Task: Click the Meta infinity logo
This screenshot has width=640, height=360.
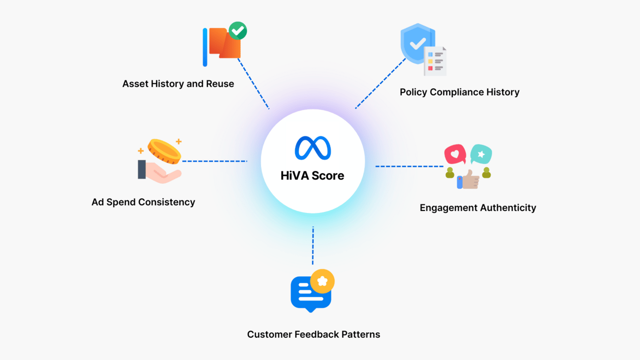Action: point(313,148)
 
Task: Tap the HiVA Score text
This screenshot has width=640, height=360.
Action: point(312,175)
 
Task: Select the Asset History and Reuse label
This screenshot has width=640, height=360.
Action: point(178,84)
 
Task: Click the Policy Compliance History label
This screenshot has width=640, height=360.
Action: point(459,92)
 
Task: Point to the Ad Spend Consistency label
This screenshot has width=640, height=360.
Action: point(143,202)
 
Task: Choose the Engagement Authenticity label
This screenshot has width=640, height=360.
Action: point(478,207)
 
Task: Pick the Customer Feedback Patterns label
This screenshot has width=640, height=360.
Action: point(314,334)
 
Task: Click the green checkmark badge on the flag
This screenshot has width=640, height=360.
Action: point(238,31)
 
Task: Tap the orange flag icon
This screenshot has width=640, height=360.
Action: point(224,44)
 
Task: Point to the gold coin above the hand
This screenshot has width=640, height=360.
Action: point(164,151)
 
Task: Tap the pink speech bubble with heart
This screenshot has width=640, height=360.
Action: point(455,154)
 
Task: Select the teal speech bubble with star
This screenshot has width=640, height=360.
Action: point(481,154)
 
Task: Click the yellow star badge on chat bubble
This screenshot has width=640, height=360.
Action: point(322,281)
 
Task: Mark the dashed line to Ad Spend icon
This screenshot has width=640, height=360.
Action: point(214,161)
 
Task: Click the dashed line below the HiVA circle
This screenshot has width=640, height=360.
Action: point(313,246)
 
